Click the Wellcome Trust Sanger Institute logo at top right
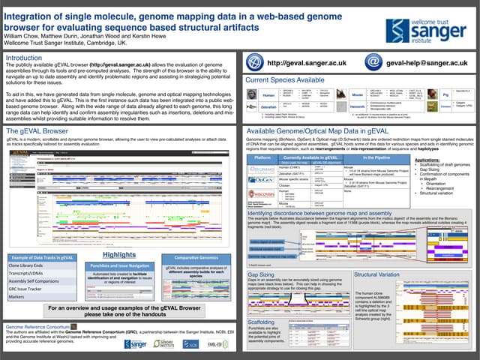click(x=430, y=30)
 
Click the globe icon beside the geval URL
click(x=256, y=64)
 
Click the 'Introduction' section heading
click(x=25, y=58)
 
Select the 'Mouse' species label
click(x=358, y=96)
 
